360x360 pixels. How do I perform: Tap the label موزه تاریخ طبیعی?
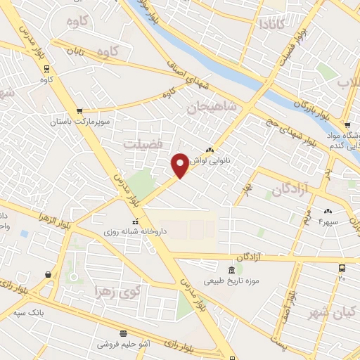coord(231,281)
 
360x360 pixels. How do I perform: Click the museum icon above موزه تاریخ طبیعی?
coord(231,271)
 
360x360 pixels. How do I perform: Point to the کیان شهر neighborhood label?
coord(333,313)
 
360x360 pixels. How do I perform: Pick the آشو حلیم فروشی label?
coord(124,345)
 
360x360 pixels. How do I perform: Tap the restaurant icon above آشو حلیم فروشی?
coord(124,333)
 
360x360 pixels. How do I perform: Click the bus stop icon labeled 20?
coord(342,268)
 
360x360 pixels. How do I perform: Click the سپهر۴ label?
coord(328,221)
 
